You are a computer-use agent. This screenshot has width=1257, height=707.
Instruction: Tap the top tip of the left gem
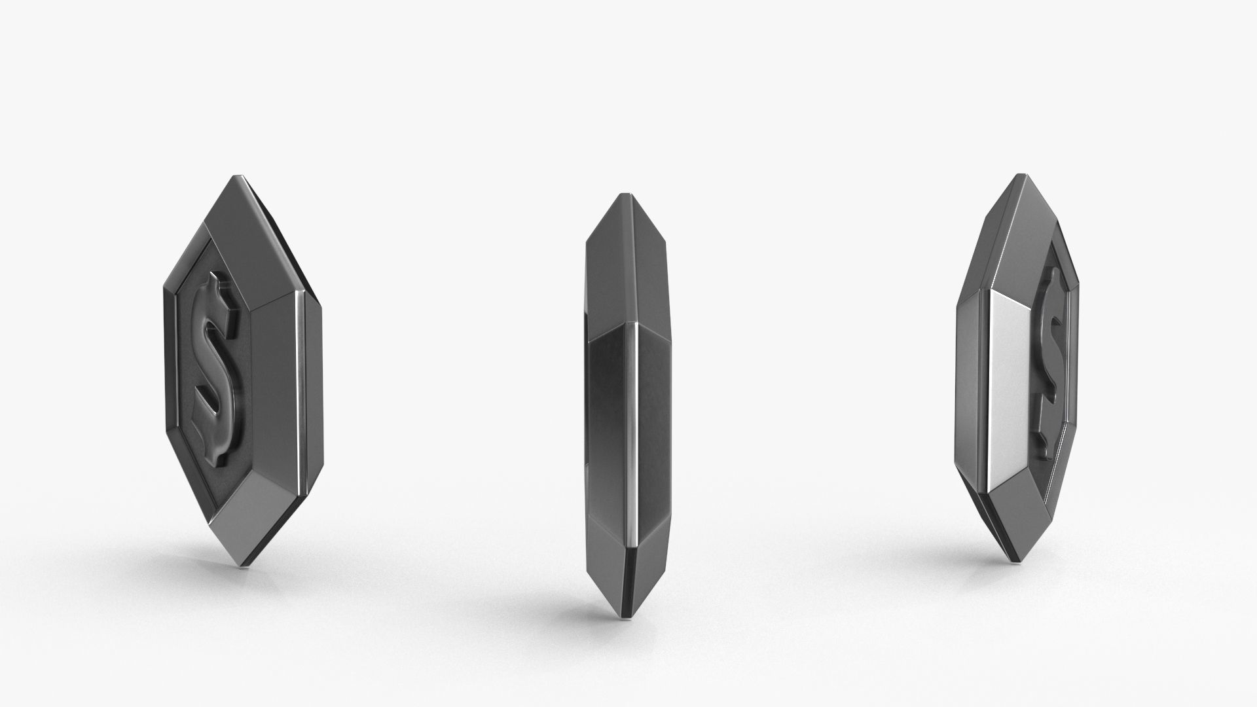(x=238, y=177)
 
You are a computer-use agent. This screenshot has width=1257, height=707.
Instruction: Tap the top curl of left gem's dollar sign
(x=219, y=295)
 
